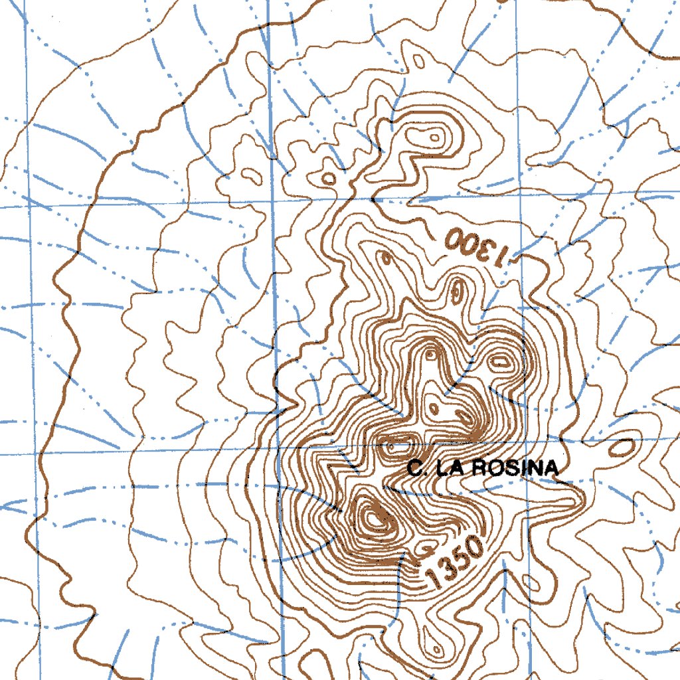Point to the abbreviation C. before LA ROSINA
pos(416,469)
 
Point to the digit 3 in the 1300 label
pos(489,250)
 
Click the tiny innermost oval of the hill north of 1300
pos(434,137)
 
